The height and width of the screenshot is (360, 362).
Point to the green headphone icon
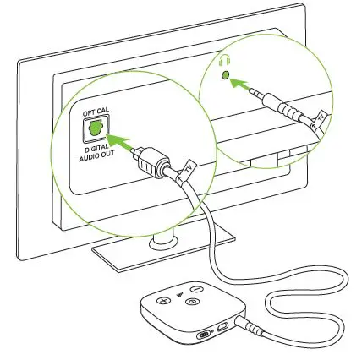click(224, 60)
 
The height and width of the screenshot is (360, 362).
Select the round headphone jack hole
click(224, 75)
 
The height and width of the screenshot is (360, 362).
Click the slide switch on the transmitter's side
click(204, 335)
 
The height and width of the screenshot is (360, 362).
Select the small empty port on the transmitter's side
click(221, 327)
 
